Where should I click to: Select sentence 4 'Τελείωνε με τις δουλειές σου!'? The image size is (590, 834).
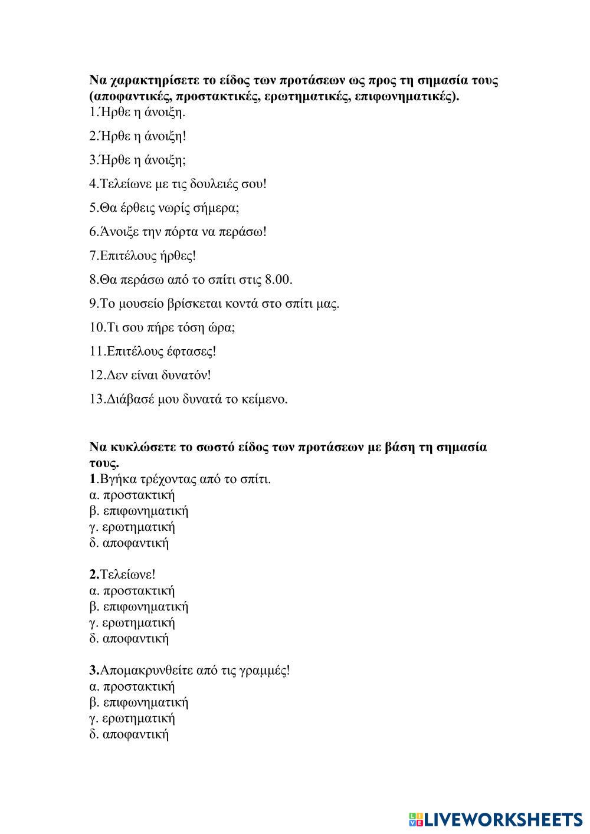point(178,184)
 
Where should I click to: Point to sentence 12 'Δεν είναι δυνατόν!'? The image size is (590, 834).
point(150,375)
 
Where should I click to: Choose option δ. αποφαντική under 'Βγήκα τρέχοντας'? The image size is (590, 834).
point(129,543)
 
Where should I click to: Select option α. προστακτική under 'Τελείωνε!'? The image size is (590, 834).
point(132,591)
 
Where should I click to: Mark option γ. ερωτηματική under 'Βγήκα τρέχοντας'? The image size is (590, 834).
point(132,527)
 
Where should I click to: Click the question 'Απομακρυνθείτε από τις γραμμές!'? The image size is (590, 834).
point(189,671)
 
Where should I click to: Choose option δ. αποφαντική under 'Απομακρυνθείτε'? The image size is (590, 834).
point(129,734)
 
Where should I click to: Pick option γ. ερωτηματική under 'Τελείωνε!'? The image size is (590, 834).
point(132,623)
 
